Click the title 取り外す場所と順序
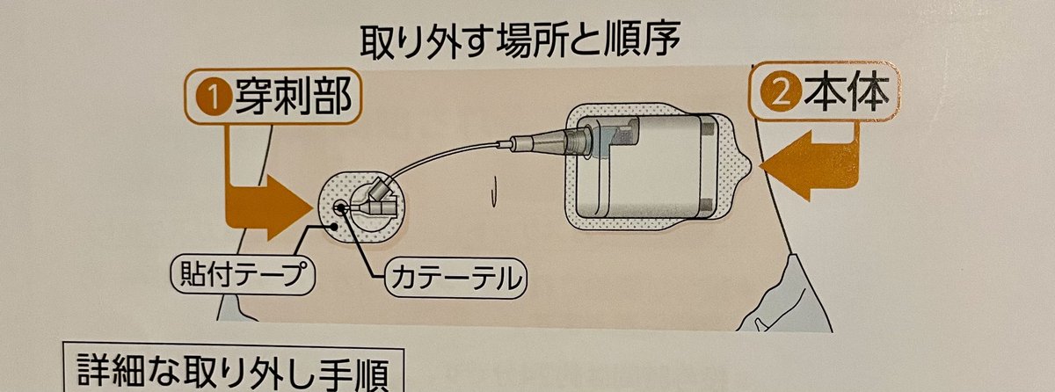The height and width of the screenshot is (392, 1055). [x=520, y=42]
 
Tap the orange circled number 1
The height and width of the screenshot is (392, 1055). [x=214, y=98]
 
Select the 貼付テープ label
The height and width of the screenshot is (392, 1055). [x=242, y=274]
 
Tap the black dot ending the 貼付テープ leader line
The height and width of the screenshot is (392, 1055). [x=334, y=227]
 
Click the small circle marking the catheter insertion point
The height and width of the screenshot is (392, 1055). [x=340, y=207]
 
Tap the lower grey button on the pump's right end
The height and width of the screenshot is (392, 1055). [x=707, y=205]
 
